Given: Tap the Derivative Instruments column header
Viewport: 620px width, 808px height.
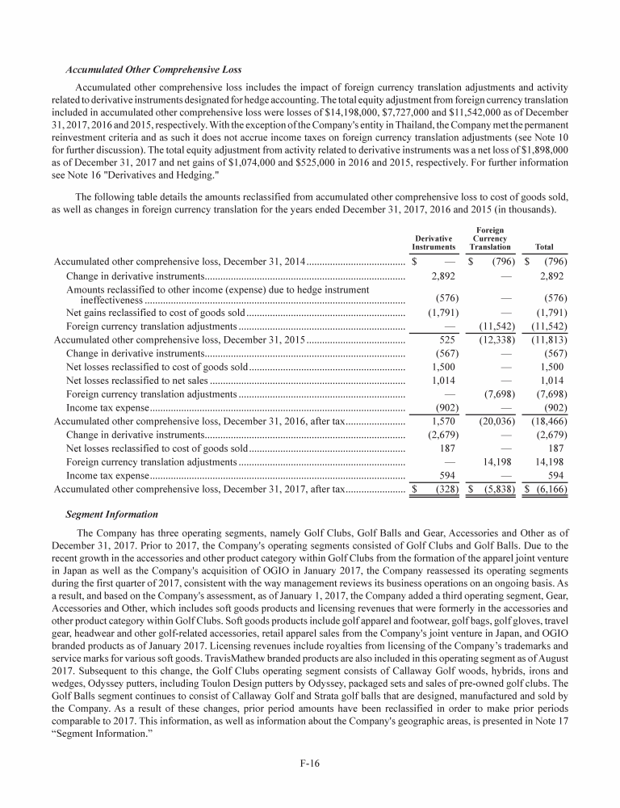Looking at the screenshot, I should click(434, 242).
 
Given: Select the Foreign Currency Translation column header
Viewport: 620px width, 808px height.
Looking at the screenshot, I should click(490, 238).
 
